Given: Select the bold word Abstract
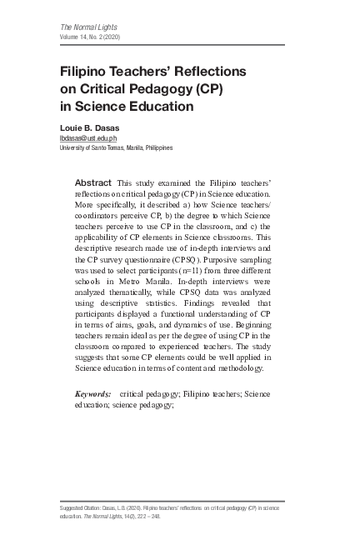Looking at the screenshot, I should click(x=93, y=182).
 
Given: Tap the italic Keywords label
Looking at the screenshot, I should click(x=92, y=392).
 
